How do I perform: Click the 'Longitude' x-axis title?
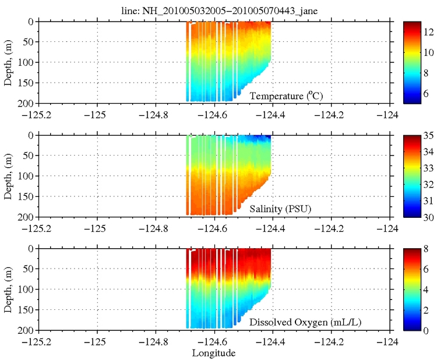pyautogui.click(x=214, y=353)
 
